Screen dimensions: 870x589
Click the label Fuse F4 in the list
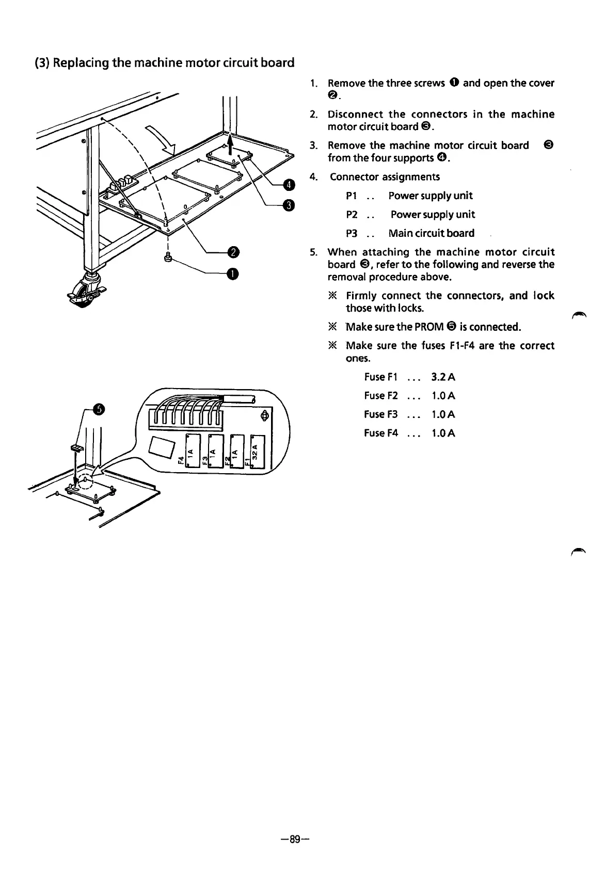point(381,433)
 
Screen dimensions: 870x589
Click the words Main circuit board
point(431,233)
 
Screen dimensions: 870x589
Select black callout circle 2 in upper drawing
point(233,252)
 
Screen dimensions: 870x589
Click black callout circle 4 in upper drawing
point(289,184)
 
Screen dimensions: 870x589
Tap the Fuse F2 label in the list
point(381,396)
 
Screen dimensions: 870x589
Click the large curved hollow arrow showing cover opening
point(160,140)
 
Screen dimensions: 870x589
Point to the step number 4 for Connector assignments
point(312,177)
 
